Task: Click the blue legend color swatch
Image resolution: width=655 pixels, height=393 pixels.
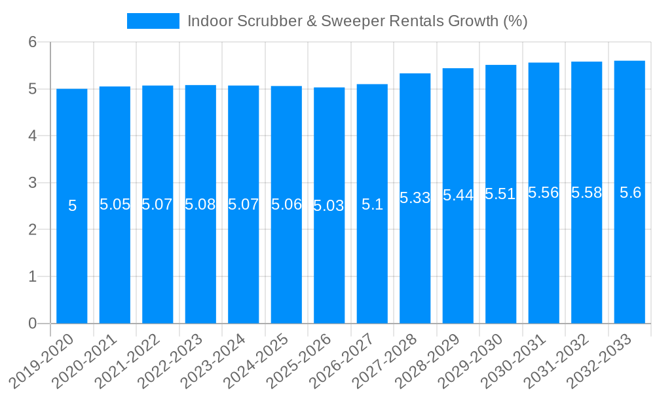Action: click(153, 21)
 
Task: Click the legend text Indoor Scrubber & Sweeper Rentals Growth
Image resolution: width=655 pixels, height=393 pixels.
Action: click(357, 21)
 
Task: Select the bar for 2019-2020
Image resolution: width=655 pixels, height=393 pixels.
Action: click(72, 206)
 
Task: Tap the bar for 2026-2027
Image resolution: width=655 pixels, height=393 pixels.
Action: click(372, 204)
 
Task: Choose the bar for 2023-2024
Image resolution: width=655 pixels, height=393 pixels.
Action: click(244, 204)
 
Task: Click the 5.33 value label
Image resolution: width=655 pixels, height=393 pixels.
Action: click(415, 198)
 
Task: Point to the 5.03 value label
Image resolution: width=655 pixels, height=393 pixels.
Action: click(329, 206)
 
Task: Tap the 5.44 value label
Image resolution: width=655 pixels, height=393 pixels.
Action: click(458, 195)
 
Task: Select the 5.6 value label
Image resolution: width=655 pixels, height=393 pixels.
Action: click(630, 193)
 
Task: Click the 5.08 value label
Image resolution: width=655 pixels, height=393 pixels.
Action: click(200, 204)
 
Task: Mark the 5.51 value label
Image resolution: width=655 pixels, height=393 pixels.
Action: click(500, 194)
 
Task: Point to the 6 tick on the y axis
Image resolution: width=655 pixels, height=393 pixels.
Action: click(32, 42)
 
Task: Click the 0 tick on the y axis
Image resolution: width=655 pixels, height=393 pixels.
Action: click(32, 324)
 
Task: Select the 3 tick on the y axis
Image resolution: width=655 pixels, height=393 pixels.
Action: click(32, 183)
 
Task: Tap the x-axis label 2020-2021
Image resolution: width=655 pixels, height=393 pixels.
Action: click(85, 361)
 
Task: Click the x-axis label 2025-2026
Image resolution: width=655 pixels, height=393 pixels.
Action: click(299, 361)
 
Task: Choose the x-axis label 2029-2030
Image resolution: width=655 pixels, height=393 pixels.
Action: click(471, 361)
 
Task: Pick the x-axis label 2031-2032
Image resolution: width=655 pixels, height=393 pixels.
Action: click(557, 361)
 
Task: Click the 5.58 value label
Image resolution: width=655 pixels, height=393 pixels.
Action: click(586, 193)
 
